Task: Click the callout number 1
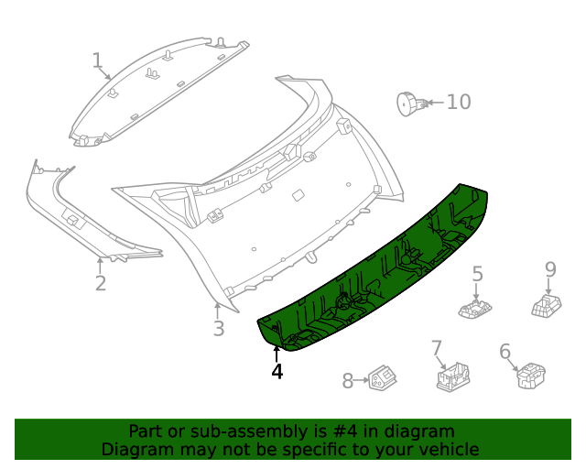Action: tap(97, 61)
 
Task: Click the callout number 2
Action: tap(101, 283)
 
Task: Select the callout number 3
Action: tap(218, 329)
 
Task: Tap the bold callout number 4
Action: tap(277, 371)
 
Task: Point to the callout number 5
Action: tap(477, 273)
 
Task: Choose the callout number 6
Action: tap(505, 352)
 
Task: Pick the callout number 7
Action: tap(437, 348)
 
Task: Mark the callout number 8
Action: tap(348, 381)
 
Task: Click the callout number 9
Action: tap(550, 268)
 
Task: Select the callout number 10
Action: tap(458, 102)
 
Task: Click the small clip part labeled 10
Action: tap(408, 104)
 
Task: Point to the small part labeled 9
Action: tap(547, 304)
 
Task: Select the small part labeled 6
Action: tap(530, 376)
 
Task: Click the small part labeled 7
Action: tap(452, 376)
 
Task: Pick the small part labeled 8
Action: tap(382, 379)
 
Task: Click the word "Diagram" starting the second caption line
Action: tap(136, 449)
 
